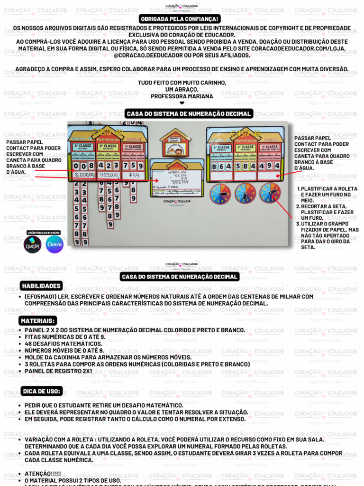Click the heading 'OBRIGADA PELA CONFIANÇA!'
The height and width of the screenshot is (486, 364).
(x=180, y=19)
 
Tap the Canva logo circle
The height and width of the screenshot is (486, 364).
(x=55, y=244)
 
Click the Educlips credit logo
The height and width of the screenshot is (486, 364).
(x=32, y=244)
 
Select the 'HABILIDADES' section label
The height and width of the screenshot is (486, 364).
(x=41, y=286)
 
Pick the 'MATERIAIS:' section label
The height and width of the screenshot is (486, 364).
(x=38, y=321)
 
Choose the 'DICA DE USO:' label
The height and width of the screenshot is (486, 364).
(x=42, y=391)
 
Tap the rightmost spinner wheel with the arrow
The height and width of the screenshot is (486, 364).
(x=270, y=193)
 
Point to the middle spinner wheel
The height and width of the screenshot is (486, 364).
(x=245, y=193)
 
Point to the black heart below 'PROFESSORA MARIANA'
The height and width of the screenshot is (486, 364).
(x=182, y=103)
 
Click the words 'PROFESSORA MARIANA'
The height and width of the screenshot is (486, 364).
(x=182, y=96)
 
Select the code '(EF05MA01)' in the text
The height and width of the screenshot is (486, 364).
(x=42, y=297)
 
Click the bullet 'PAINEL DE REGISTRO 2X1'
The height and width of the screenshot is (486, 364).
(x=58, y=371)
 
